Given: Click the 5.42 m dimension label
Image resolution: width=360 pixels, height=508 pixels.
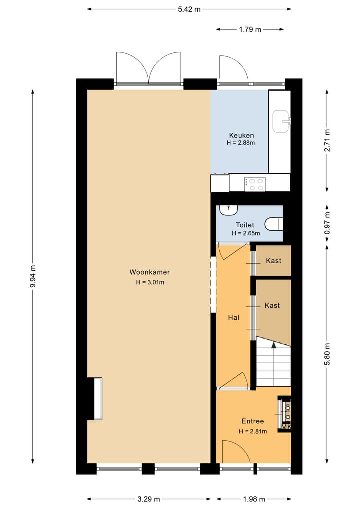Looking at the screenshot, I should (189, 9).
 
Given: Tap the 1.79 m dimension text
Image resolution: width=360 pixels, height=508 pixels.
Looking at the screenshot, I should (250, 29).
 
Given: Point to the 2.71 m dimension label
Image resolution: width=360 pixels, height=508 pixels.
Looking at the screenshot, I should (327, 140).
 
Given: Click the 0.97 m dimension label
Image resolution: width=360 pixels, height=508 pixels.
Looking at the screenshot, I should (327, 224).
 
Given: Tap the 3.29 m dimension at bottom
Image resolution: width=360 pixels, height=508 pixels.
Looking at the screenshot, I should (148, 499).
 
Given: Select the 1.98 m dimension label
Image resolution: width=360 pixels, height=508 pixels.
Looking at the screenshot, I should (253, 499).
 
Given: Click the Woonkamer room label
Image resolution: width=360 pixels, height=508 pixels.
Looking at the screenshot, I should (150, 272).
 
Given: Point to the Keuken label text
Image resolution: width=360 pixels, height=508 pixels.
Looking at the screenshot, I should (241, 135).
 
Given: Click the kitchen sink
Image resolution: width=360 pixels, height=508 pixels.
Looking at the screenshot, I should (282, 120).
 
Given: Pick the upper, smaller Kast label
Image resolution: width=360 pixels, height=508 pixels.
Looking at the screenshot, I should (273, 260).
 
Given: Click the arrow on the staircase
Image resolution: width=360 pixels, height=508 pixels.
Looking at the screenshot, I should (273, 344).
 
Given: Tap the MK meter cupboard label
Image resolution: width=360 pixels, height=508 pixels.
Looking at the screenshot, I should (286, 427).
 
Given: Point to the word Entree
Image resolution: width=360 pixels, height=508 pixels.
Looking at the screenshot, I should (252, 421).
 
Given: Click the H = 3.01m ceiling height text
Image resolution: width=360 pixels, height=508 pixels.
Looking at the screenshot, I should (150, 282).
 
